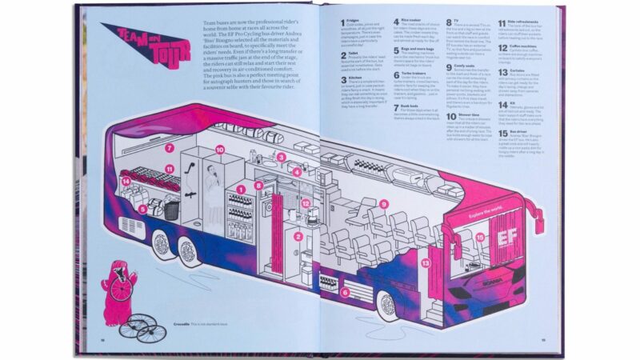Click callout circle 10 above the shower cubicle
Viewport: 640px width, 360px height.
coord(220,150)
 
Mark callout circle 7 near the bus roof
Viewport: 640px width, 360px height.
coord(170,148)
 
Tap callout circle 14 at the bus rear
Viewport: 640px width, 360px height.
coord(126,182)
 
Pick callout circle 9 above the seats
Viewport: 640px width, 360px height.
coord(384,204)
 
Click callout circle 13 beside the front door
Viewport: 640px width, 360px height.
coord(426,262)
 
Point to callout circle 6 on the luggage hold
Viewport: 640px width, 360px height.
coord(345,293)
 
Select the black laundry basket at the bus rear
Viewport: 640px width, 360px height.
coord(171,210)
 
